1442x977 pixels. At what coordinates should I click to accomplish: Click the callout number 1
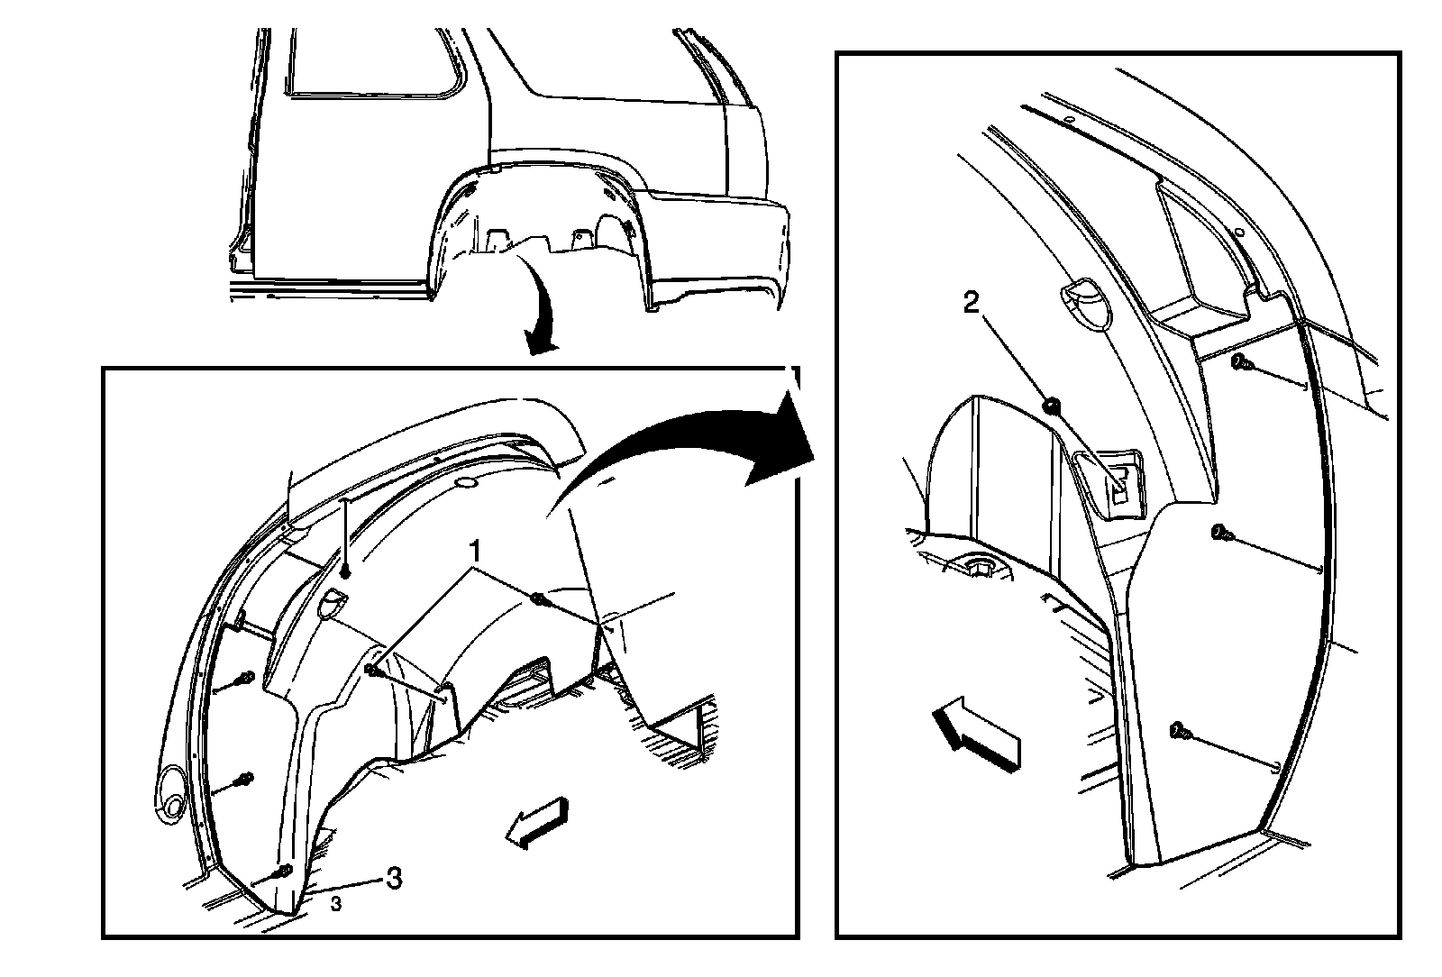(474, 552)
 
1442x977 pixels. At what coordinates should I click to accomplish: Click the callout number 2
(971, 302)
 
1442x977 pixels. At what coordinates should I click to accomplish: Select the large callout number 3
(393, 877)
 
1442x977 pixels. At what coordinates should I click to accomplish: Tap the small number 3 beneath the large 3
(336, 904)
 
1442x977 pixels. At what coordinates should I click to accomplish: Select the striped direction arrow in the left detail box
(537, 823)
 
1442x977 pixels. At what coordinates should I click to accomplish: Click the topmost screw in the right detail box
(1242, 363)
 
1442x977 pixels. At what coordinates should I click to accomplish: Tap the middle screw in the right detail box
(1221, 533)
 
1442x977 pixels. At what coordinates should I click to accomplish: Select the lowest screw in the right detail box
(1182, 731)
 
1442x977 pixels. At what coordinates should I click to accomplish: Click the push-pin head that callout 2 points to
(1052, 406)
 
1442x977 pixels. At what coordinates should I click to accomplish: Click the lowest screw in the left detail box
(283, 872)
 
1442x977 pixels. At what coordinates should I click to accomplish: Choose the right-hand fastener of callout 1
(538, 600)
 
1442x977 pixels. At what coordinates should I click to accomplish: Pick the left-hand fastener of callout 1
(373, 671)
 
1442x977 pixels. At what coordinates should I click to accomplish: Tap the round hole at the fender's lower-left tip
(171, 805)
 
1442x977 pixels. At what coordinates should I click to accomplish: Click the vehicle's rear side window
(377, 62)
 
